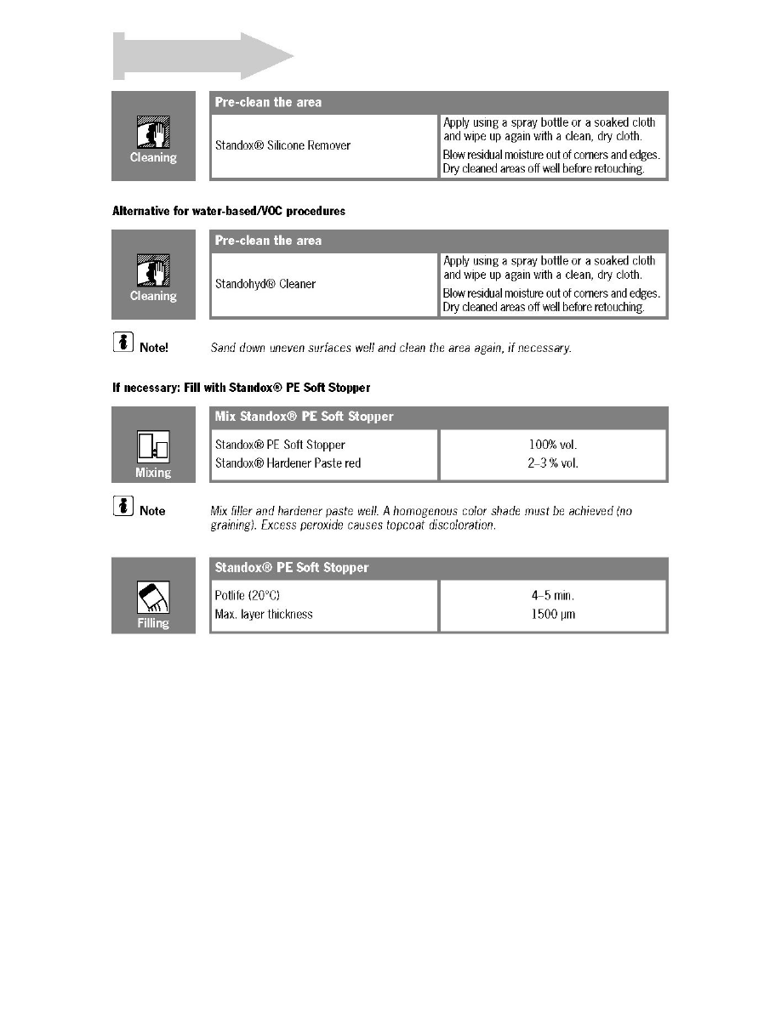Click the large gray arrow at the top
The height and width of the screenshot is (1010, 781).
click(204, 57)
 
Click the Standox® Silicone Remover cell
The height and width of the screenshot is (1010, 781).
click(282, 145)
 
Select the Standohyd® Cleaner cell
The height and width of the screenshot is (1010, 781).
click(265, 284)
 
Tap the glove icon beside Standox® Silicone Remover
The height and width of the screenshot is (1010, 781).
click(153, 133)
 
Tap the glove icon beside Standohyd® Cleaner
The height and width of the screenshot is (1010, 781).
click(153, 271)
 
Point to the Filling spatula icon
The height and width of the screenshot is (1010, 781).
click(153, 598)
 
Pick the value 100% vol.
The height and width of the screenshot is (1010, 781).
click(553, 445)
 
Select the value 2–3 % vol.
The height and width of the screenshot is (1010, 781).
click(553, 462)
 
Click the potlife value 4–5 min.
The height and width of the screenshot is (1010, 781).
click(553, 596)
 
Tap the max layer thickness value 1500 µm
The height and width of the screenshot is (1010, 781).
click(553, 614)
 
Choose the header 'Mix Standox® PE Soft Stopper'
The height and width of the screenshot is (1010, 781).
click(304, 417)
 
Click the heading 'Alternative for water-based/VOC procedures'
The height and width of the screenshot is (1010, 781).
click(229, 211)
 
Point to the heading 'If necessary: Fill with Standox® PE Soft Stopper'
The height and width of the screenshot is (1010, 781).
click(242, 388)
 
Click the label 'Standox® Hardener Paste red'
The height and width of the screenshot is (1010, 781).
click(287, 462)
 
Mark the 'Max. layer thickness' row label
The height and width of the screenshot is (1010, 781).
click(264, 614)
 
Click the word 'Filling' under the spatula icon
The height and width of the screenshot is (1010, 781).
click(153, 623)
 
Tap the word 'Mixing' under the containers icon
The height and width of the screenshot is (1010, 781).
click(153, 473)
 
